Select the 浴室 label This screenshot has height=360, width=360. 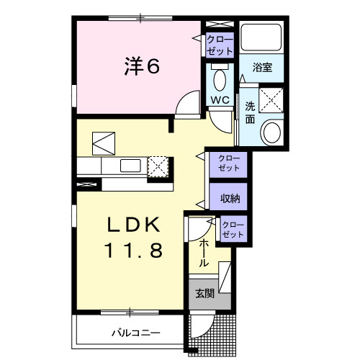tap(262, 68)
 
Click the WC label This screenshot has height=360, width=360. tap(220, 99)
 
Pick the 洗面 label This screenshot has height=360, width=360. tap(250, 112)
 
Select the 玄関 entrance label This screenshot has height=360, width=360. tap(204, 293)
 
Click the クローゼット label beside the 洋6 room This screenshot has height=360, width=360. tap(219, 45)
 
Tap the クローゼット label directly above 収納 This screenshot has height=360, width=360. tap(228, 163)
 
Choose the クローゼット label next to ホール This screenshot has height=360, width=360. tap(233, 230)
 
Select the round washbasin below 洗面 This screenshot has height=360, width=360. tap(273, 132)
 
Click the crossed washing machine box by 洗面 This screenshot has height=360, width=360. tap(271, 99)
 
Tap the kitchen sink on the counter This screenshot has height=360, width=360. tap(130, 166)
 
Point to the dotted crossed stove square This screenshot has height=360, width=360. tap(158, 166)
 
